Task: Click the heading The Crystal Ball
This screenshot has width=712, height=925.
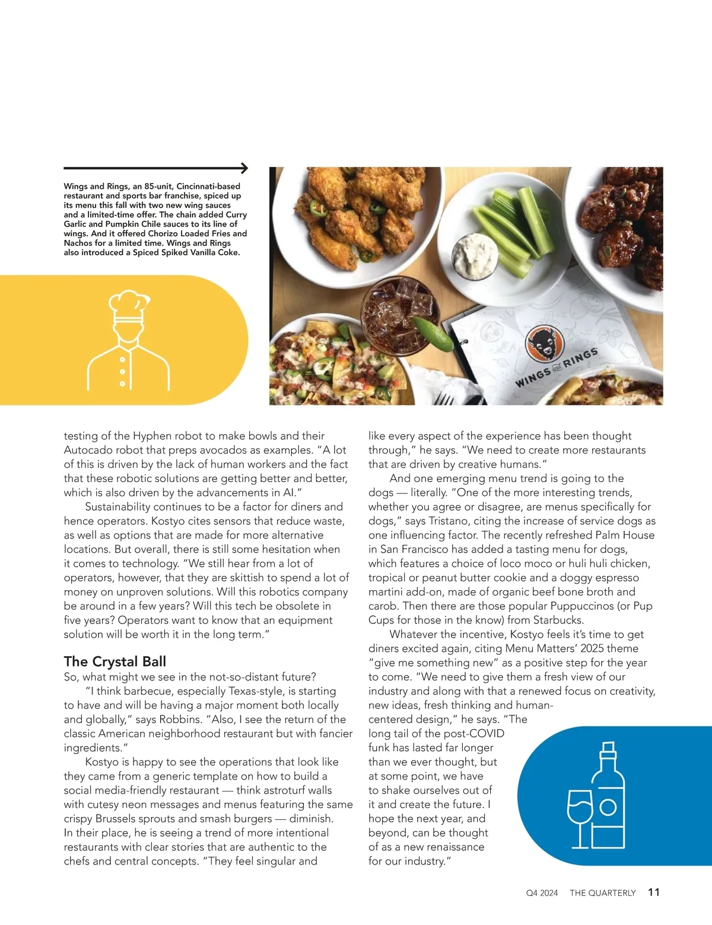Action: (x=115, y=661)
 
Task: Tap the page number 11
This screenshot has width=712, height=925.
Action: (x=654, y=892)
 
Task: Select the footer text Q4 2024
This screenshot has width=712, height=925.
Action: (x=542, y=893)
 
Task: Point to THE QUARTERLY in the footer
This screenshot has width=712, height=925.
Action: (x=602, y=893)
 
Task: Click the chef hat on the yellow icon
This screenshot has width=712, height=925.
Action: (x=128, y=303)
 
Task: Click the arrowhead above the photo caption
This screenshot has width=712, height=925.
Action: (x=244, y=168)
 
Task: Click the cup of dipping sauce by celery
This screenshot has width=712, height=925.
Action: (x=475, y=256)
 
